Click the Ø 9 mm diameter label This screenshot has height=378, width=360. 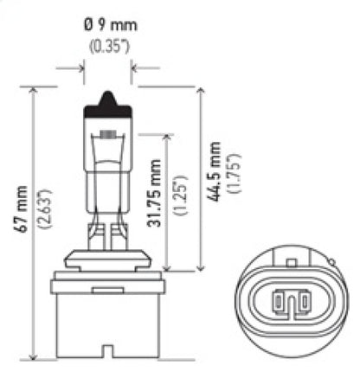click(x=109, y=24)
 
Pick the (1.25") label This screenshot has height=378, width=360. click(x=179, y=195)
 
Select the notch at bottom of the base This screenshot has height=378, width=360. click(x=108, y=351)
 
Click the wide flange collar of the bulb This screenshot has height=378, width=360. click(x=107, y=274)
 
